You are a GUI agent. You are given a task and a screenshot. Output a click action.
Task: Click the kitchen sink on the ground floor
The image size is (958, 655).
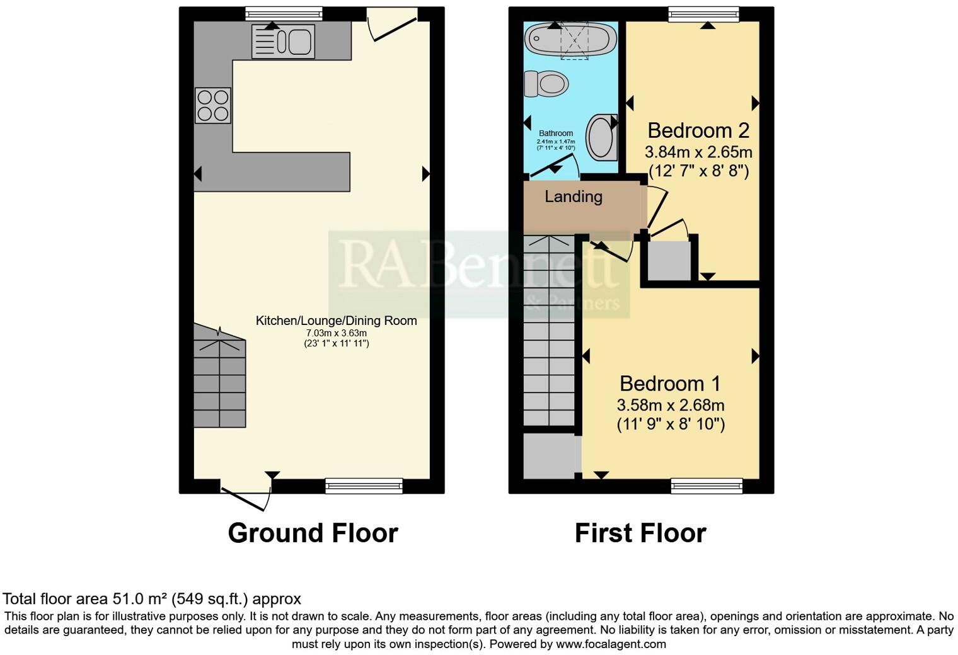[x=283, y=42]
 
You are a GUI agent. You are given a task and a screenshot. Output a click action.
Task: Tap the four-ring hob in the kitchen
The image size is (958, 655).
[x=213, y=105]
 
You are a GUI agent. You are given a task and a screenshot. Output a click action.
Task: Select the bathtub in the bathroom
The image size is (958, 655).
[x=571, y=38]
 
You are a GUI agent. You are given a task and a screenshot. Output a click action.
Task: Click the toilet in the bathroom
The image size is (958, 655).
[x=546, y=83]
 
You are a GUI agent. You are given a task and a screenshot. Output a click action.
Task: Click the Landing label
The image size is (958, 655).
[x=573, y=196]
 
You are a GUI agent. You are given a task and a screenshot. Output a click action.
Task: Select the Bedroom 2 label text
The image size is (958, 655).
[x=698, y=130]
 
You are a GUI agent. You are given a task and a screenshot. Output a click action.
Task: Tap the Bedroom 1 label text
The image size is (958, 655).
[x=670, y=384]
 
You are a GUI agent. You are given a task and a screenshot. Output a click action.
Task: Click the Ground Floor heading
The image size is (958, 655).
[x=313, y=533]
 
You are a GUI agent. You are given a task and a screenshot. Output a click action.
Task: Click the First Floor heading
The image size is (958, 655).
[x=640, y=533]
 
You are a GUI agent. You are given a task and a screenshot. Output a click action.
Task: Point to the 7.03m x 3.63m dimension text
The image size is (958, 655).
[x=336, y=333]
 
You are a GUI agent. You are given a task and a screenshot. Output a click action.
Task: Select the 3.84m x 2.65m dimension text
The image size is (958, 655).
[x=698, y=152]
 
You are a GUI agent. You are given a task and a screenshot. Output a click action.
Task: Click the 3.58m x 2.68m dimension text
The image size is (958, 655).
[x=670, y=404]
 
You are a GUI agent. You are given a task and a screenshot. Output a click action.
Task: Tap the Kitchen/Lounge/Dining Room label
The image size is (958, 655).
[x=336, y=321]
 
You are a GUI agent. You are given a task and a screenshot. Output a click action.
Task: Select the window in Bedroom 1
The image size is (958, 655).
[x=707, y=485]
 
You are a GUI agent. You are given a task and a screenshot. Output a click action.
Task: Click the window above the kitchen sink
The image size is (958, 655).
[x=284, y=13]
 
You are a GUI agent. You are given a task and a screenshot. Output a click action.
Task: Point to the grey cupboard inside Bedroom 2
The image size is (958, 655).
[x=669, y=260]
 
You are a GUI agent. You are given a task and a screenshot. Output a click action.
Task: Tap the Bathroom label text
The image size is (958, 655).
[x=556, y=134]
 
